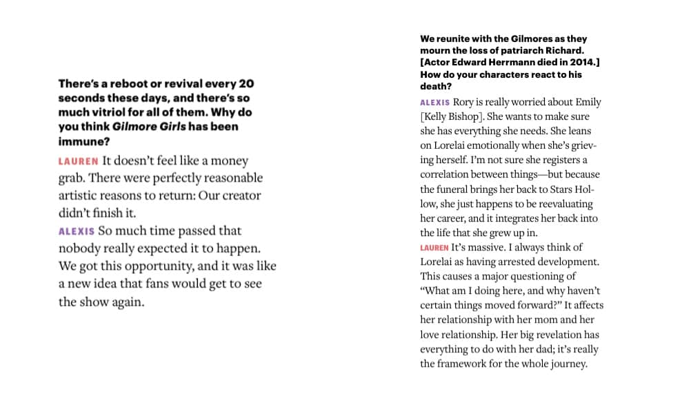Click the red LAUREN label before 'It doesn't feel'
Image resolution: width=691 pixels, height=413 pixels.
(x=78, y=161)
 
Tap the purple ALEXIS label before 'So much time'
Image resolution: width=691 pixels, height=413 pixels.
(x=76, y=231)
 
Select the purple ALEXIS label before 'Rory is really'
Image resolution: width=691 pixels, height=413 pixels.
(x=435, y=103)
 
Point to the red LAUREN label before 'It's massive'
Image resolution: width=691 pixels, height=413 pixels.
(x=434, y=247)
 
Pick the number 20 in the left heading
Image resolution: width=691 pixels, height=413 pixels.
(x=246, y=84)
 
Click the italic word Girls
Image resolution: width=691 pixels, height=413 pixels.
(x=169, y=127)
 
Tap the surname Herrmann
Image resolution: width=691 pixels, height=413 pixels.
(x=509, y=63)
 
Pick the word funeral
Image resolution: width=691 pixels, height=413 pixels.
(x=459, y=189)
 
